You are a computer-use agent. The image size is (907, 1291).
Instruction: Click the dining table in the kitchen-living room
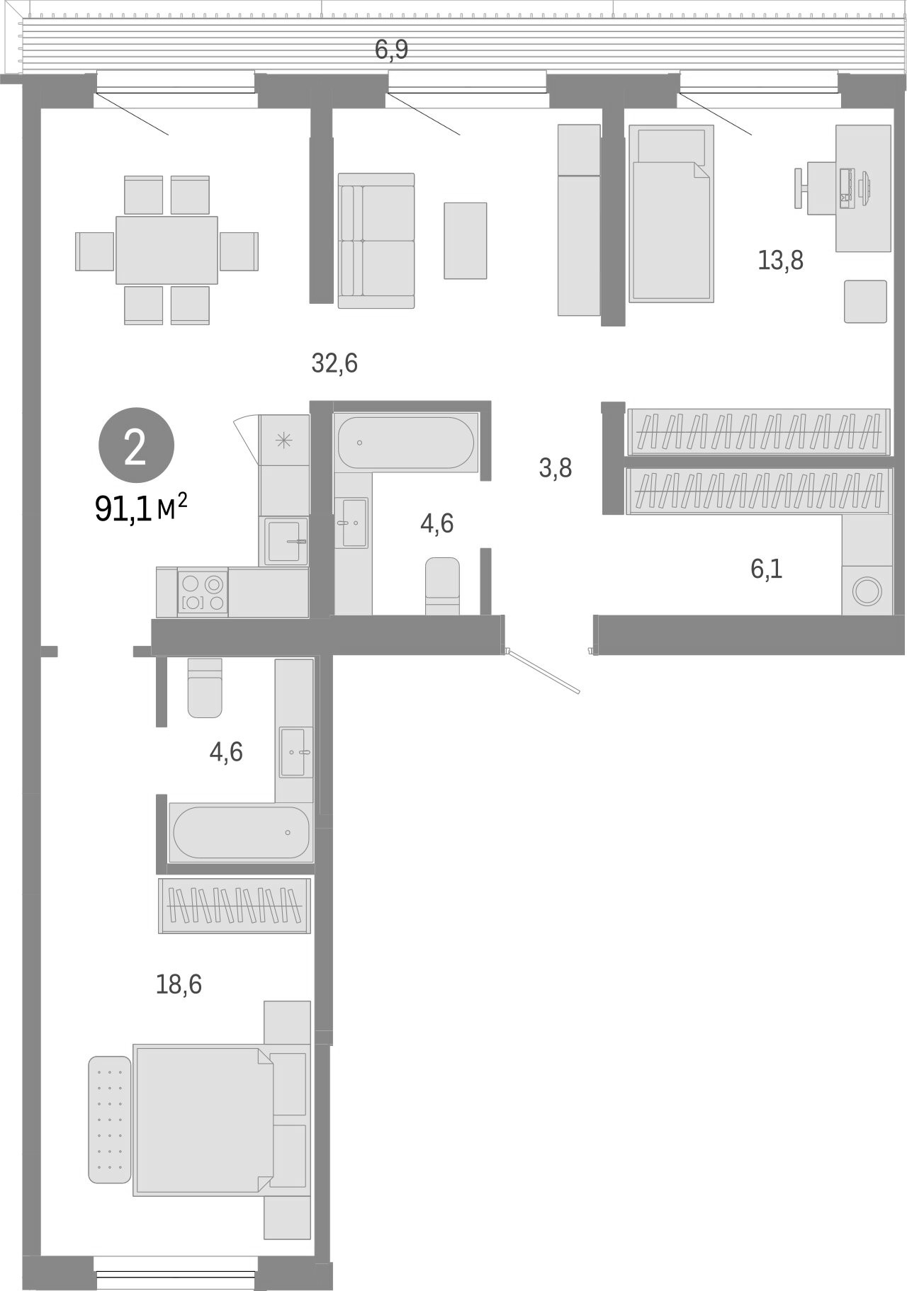pos(167,249)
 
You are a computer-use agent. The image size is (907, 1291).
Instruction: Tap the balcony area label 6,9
pos(392,50)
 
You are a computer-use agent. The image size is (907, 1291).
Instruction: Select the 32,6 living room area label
pos(334,363)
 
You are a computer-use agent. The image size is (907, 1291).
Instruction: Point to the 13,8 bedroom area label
pos(780,261)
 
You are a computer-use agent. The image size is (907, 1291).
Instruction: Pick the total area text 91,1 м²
pos(141,508)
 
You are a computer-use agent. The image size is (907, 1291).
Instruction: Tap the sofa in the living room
pos(376,241)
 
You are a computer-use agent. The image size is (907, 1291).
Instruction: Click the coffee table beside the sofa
pos(466,240)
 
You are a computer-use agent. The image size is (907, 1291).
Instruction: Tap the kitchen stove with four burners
pos(203,593)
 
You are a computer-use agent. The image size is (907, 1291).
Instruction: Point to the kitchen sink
pos(286,541)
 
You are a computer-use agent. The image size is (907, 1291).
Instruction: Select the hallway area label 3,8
pos(556,468)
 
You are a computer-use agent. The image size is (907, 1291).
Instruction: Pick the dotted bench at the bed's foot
pos(110,1119)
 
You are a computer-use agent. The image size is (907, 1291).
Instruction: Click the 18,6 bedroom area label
pos(179,984)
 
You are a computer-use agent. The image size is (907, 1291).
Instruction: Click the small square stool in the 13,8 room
pos(865,301)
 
